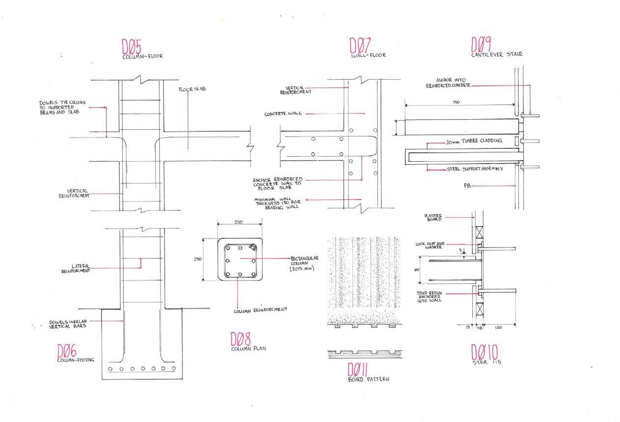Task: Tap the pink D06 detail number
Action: [x=66, y=351]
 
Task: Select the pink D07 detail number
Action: [x=359, y=45]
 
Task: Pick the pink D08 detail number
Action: [x=240, y=339]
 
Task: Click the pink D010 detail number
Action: [x=484, y=352]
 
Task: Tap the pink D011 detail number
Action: [x=358, y=369]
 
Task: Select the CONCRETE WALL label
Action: [x=283, y=114]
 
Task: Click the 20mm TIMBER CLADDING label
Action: [x=474, y=141]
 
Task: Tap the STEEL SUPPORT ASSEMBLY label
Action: [x=475, y=169]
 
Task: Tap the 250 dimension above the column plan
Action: [x=238, y=222]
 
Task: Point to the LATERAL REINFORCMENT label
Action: [x=75, y=268]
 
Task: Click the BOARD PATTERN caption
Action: [x=361, y=380]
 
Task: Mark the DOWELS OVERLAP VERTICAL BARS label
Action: [x=68, y=324]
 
